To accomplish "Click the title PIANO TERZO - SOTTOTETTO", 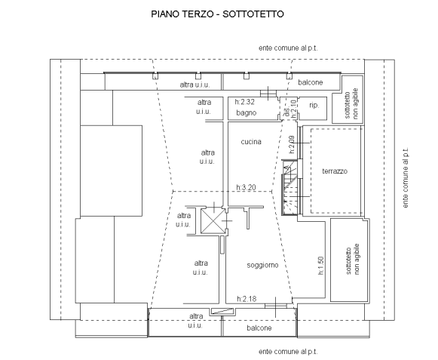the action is (217, 14).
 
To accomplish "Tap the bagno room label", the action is (246, 112).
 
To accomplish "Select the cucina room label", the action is (251, 142).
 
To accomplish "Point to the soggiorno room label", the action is (262, 265).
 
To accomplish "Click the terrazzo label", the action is (335, 171).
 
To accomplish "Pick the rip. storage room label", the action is (314, 106).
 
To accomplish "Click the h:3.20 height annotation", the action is (246, 187).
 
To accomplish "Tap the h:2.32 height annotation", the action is (245, 102).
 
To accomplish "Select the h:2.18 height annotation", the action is (247, 299).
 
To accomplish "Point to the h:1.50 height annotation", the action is (321, 266).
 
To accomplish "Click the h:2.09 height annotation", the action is (292, 144).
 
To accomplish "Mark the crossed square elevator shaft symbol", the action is (213, 221).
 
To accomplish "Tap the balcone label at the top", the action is (311, 82).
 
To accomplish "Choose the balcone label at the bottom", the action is (259, 328).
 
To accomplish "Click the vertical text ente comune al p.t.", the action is (406, 178).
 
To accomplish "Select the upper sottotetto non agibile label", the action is (351, 104).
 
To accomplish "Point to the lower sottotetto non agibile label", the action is (353, 260).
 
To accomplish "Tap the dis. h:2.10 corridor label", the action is (290, 109).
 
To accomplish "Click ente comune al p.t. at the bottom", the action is (288, 352).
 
